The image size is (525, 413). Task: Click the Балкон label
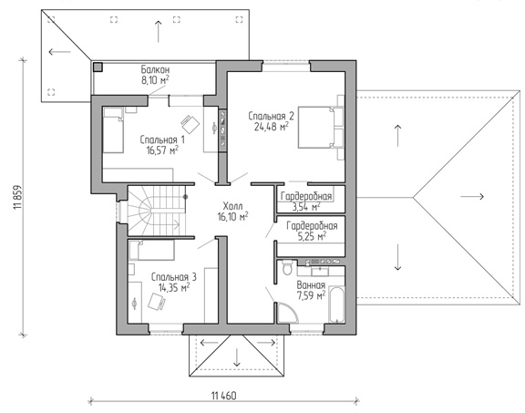(x=155, y=69)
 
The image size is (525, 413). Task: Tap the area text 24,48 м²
(x=272, y=127)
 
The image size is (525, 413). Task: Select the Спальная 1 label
(x=162, y=139)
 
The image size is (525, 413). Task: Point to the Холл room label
(x=232, y=206)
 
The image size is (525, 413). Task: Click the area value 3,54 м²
(x=306, y=207)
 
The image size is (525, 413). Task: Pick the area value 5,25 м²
(x=312, y=236)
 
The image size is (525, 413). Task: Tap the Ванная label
(x=311, y=285)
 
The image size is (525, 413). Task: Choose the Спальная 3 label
(x=174, y=277)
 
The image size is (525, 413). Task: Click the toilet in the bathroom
(x=287, y=267)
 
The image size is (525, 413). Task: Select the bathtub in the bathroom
(x=336, y=305)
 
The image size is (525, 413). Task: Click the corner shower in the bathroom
(x=288, y=313)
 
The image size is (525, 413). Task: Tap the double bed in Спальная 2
(x=321, y=128)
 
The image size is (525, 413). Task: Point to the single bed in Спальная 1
(x=113, y=130)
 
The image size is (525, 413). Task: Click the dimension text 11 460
(x=223, y=396)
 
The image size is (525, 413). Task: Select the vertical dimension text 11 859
(x=17, y=198)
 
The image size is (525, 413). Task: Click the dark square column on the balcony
(x=98, y=67)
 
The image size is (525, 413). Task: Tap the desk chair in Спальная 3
(x=157, y=302)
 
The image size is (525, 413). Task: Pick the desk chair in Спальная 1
(x=190, y=124)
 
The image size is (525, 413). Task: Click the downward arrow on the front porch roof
(x=237, y=357)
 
